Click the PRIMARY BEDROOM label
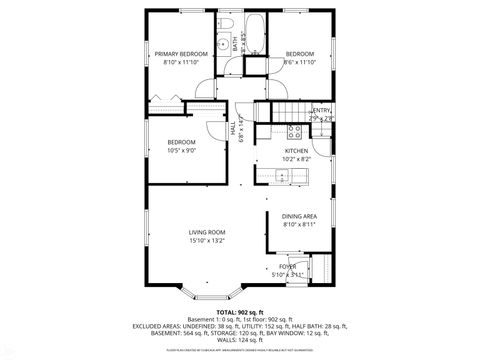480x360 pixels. pyautogui.click(x=181, y=53)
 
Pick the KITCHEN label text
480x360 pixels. pyautogui.click(x=296, y=150)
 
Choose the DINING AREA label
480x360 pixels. pyautogui.click(x=299, y=216)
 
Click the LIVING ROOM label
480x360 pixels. pyautogui.click(x=207, y=232)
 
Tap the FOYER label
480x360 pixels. pyautogui.click(x=301, y=266)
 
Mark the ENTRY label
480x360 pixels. pyautogui.click(x=321, y=110)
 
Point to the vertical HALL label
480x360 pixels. pyautogui.click(x=233, y=128)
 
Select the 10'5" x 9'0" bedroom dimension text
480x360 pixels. pyautogui.click(x=181, y=151)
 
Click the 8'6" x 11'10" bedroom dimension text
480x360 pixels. pyautogui.click(x=299, y=62)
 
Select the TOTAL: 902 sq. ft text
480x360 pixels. pyautogui.click(x=239, y=311)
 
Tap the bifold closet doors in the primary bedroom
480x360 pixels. pyautogui.click(x=165, y=100)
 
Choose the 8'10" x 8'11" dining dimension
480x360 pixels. pyautogui.click(x=299, y=225)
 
